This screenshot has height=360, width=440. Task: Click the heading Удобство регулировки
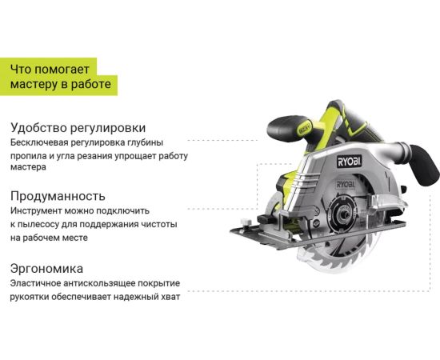pyautogui.click(x=78, y=128)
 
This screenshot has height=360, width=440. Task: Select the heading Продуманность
pyautogui.click(x=58, y=196)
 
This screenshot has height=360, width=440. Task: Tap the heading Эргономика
pyautogui.click(x=46, y=269)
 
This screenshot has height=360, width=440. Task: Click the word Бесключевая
pyautogui.click(x=39, y=142)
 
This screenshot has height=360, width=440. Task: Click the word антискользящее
pyautogui.click(x=99, y=283)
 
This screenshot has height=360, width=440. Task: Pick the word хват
pyautogui.click(x=171, y=297)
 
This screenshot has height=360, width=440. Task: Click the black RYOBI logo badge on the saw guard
pyautogui.click(x=349, y=162)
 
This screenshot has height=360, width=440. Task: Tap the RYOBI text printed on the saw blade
pyautogui.click(x=346, y=184)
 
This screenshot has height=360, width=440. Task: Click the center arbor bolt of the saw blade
pyautogui.click(x=344, y=215)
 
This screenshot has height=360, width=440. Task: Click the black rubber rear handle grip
pyautogui.click(x=423, y=165)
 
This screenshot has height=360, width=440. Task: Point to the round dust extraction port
pyautogui.click(x=404, y=150)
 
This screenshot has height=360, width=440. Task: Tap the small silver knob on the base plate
pyautogui.click(x=246, y=222)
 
